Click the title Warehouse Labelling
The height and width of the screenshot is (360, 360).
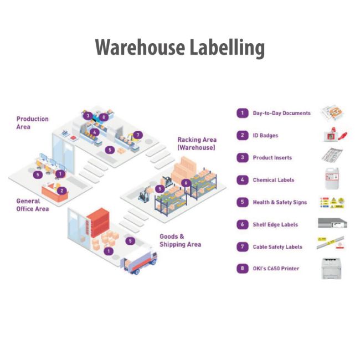[179, 48]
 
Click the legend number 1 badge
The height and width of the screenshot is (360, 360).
[242, 113]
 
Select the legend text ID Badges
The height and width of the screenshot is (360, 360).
[265, 135]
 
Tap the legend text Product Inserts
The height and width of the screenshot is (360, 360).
[272, 158]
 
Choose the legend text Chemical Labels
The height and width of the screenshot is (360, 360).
[274, 180]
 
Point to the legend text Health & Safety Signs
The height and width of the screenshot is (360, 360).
[280, 202]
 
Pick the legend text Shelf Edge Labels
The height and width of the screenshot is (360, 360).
[275, 224]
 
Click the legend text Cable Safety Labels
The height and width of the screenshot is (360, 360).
[277, 246]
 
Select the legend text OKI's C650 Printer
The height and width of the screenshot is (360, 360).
[276, 269]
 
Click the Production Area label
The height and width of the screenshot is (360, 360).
[32, 122]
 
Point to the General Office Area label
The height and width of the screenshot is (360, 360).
[32, 205]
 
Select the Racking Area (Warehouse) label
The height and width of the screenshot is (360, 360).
[197, 144]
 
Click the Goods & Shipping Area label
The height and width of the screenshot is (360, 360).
[180, 240]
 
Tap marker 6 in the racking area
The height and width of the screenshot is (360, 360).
[186, 182]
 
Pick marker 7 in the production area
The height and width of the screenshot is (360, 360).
[138, 135]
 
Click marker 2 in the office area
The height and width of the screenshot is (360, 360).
[62, 191]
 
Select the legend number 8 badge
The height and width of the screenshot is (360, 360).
[242, 269]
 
